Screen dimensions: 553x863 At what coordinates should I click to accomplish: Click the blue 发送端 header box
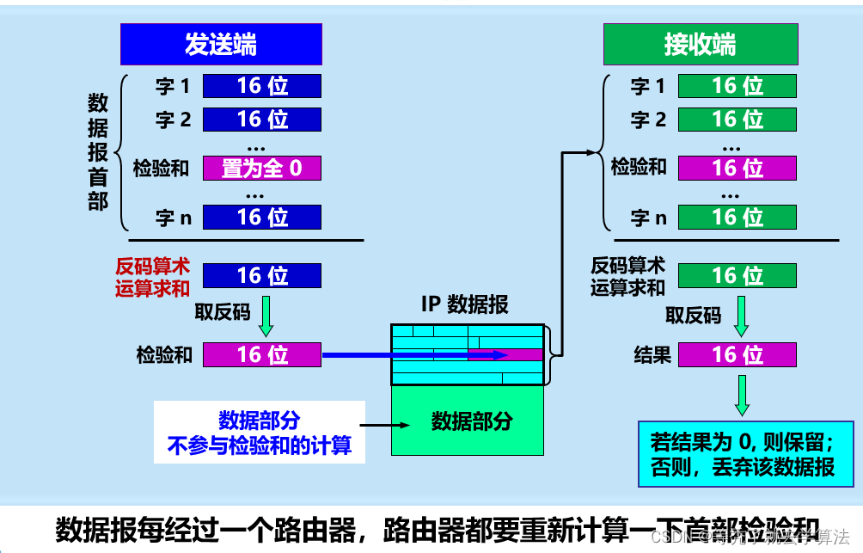coord(221,44)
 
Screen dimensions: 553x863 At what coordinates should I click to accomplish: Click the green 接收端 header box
coord(700,44)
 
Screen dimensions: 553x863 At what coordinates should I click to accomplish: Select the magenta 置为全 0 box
coord(262,168)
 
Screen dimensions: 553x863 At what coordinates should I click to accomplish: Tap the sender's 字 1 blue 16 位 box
coord(262,86)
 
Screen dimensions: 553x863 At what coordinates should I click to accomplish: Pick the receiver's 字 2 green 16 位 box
coord(737,119)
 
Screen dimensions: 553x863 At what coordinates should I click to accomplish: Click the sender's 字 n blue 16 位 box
coord(262,218)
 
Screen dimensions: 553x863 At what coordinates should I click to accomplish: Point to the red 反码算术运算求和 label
coord(152,277)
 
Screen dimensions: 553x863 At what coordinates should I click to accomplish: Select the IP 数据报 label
coord(464,304)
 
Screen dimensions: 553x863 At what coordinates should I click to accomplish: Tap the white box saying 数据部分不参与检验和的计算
coord(259,432)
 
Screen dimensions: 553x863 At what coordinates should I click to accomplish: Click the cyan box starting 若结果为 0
coord(742,454)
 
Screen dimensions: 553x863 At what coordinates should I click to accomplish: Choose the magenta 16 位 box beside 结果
coord(737,354)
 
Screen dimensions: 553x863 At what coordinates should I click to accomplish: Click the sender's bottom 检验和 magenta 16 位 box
coord(262,354)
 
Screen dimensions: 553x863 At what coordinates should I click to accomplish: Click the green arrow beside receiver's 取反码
coord(742,316)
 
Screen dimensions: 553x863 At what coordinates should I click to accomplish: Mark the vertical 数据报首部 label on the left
coord(98,152)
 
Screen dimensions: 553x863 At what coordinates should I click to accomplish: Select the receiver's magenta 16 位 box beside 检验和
coord(737,168)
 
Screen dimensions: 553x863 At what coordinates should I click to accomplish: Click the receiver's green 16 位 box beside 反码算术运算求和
coord(737,276)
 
